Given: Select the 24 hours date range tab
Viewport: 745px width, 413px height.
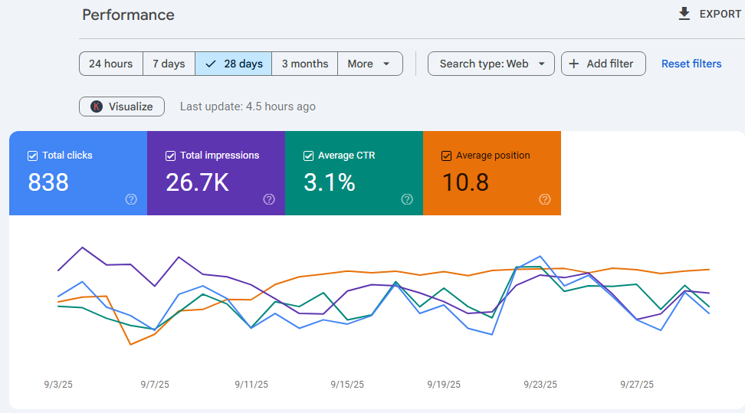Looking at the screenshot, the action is (x=110, y=64).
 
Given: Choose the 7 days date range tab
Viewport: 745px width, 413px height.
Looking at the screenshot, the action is (x=169, y=64).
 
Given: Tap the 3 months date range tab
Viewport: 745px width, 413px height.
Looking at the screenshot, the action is (x=304, y=64).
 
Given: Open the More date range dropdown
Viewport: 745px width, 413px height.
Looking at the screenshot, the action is (x=370, y=64).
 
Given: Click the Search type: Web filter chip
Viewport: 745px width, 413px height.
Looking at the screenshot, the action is (x=491, y=64).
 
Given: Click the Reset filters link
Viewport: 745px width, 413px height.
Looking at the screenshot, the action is (x=691, y=64).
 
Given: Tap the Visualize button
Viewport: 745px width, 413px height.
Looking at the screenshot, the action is (x=122, y=107).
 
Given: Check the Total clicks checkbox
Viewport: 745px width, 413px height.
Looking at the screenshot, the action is (x=33, y=156).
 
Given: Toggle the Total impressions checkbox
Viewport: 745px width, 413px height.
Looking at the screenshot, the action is (x=171, y=156).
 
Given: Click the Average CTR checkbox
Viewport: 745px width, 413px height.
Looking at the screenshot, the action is (x=308, y=156).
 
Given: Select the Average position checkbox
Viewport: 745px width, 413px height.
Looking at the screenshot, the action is (x=446, y=156).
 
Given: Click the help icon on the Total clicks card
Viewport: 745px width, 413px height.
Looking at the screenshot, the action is (x=131, y=199).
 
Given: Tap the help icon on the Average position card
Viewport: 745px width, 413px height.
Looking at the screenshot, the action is (x=545, y=199).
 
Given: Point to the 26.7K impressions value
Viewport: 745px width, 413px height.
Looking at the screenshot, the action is (x=197, y=182).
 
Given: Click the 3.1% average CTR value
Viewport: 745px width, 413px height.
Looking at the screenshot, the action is (x=330, y=182).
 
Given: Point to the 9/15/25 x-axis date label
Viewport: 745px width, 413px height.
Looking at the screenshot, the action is (x=347, y=385).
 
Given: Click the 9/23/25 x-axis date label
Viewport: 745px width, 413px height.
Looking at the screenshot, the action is (x=540, y=385).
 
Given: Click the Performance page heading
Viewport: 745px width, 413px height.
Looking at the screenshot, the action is (x=128, y=15).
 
